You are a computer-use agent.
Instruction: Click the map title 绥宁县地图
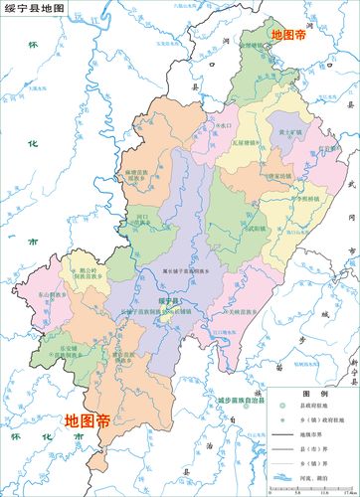34,8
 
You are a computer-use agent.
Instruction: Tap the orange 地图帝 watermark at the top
288,34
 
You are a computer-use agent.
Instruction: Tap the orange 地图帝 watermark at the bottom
88,420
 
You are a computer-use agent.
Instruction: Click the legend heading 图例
309,395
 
